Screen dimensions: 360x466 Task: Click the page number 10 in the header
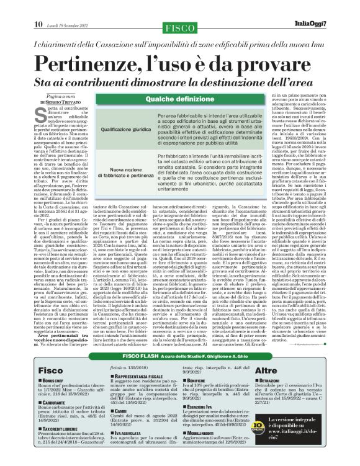coord(38,7)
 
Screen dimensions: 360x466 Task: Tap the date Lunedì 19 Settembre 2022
coord(68,8)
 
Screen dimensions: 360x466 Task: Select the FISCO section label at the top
coord(179,9)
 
